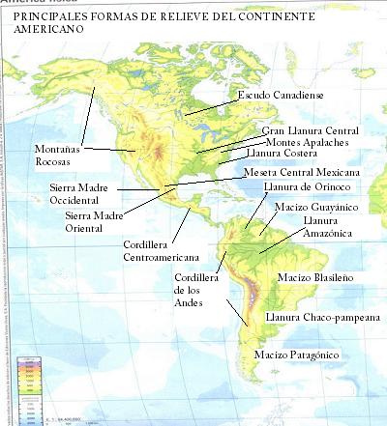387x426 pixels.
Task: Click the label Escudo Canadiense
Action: tap(282, 95)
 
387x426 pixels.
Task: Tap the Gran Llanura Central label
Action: tap(311, 129)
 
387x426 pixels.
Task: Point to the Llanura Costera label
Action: tap(287, 153)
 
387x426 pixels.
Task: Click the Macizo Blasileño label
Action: tap(313, 277)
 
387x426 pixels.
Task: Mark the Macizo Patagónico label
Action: tap(296, 355)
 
